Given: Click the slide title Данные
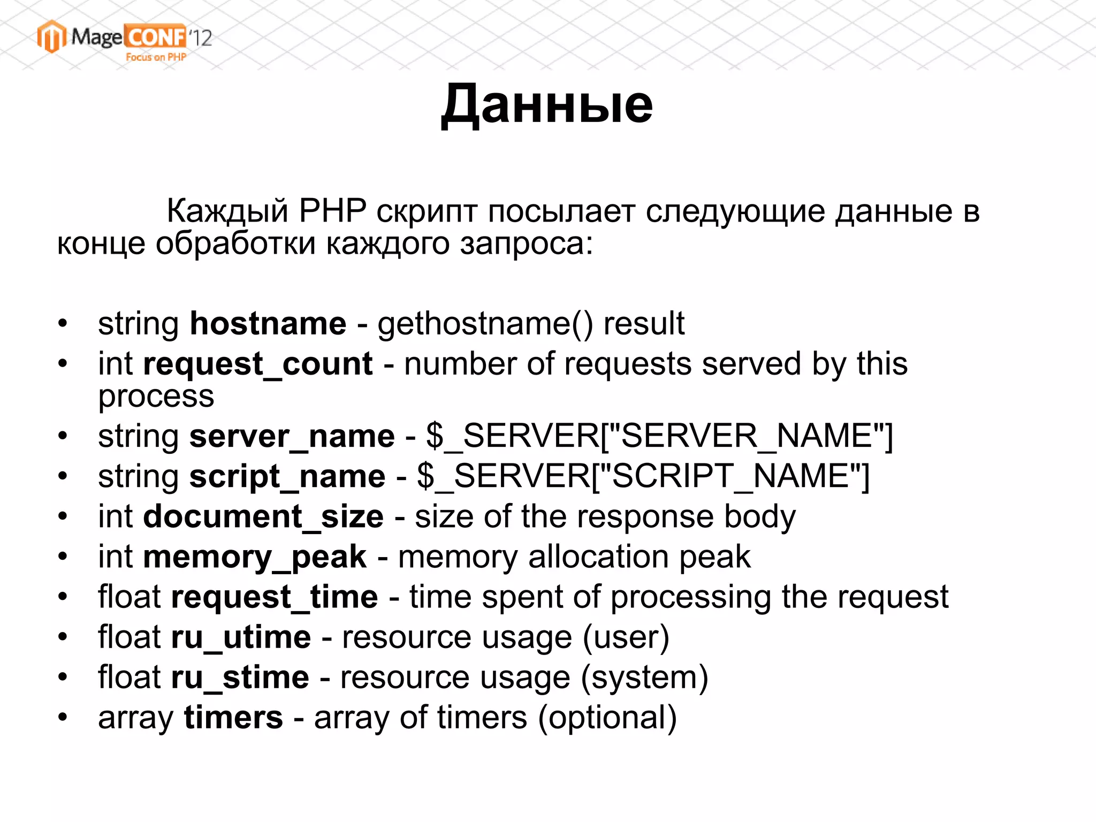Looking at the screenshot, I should [x=547, y=104].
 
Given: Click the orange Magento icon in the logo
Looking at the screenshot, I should [x=51, y=36].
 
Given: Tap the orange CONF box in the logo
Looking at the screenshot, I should [x=155, y=36].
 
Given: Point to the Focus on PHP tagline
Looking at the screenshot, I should [x=156, y=57].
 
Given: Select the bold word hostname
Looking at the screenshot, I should [x=268, y=324].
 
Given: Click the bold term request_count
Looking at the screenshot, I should [x=257, y=364].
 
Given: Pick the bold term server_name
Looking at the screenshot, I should [x=292, y=436].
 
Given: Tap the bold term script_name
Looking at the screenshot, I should [x=287, y=476].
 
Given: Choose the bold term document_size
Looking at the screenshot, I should [x=263, y=517].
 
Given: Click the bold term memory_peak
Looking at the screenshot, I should [x=254, y=557].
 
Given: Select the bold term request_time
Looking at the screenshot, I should [x=274, y=597].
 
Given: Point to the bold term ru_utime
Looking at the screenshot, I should [x=241, y=637].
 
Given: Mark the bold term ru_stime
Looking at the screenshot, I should [x=240, y=678].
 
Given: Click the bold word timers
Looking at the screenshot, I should [x=233, y=718].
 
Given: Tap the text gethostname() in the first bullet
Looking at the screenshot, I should [x=485, y=324].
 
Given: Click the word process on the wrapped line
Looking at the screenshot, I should [x=156, y=397].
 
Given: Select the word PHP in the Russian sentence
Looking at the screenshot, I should [x=332, y=211].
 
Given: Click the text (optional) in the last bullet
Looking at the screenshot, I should [x=607, y=718].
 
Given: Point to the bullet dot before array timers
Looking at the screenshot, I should [x=63, y=718].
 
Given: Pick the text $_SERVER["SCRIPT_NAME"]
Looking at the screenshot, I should [x=643, y=476].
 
